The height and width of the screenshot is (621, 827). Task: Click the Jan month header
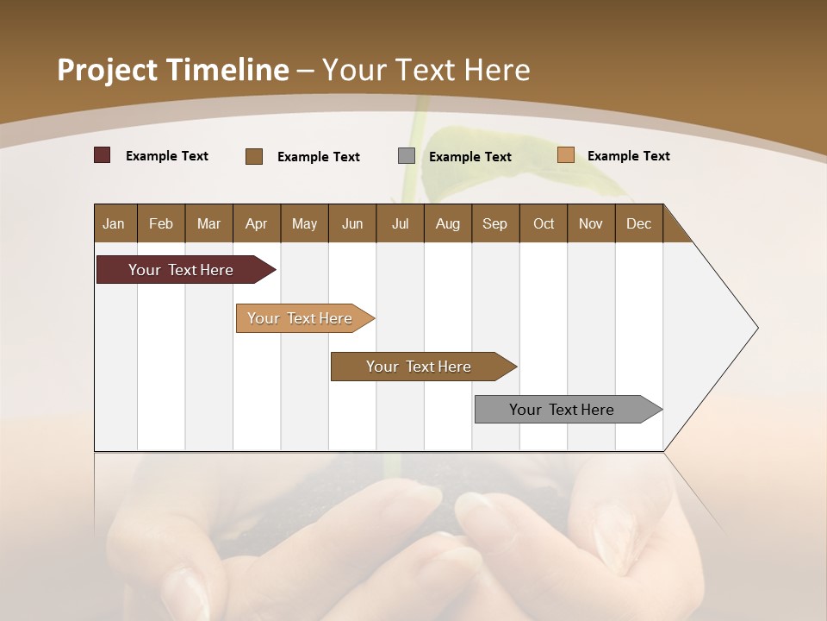pos(114,223)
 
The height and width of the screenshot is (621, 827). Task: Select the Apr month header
pos(256,223)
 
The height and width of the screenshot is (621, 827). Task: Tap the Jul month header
pos(400,223)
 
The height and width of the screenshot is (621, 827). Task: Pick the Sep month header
pos(494,223)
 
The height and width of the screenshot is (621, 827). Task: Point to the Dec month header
pos(638,223)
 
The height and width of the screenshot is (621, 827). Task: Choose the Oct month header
pos(544,223)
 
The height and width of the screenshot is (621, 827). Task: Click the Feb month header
pos(161,223)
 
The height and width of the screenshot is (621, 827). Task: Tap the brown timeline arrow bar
pos(420,367)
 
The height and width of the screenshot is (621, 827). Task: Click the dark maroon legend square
pos(102,155)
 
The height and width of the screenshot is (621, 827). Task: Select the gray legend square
pos(407,156)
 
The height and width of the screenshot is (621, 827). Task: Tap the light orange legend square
pos(565,155)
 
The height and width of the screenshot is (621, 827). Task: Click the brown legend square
pos(253,156)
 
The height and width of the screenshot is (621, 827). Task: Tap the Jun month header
pos(352,223)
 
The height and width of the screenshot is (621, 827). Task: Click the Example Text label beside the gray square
pos(470,156)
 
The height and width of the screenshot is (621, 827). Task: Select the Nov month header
pos(591,223)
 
